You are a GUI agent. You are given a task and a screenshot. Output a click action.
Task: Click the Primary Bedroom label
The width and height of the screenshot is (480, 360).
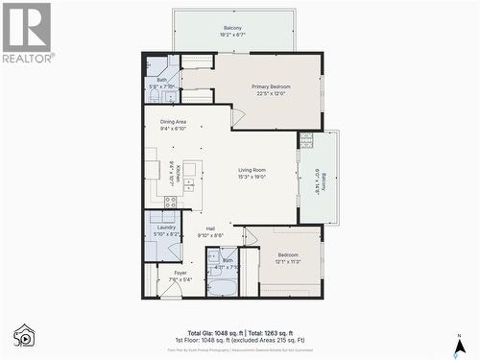[271, 86]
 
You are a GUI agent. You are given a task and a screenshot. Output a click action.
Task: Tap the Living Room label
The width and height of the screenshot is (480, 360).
[252, 170]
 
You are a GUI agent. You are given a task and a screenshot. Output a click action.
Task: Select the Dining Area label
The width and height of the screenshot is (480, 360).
[173, 122]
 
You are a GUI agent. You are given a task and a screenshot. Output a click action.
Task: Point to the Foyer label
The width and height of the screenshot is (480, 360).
[180, 273]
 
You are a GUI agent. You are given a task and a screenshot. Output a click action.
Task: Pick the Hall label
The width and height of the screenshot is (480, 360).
[209, 228]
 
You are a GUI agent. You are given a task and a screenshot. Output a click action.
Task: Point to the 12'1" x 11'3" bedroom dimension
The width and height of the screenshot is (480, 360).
[289, 261]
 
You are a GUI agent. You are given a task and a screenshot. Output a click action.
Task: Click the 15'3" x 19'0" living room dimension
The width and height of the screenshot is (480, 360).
[252, 177]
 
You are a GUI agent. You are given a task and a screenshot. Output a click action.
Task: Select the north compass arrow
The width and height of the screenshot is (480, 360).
[460, 341]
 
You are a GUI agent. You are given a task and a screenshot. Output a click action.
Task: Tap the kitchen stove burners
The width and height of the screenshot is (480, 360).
[170, 202]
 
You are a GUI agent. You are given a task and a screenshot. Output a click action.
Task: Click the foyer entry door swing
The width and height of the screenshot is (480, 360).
[170, 290]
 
